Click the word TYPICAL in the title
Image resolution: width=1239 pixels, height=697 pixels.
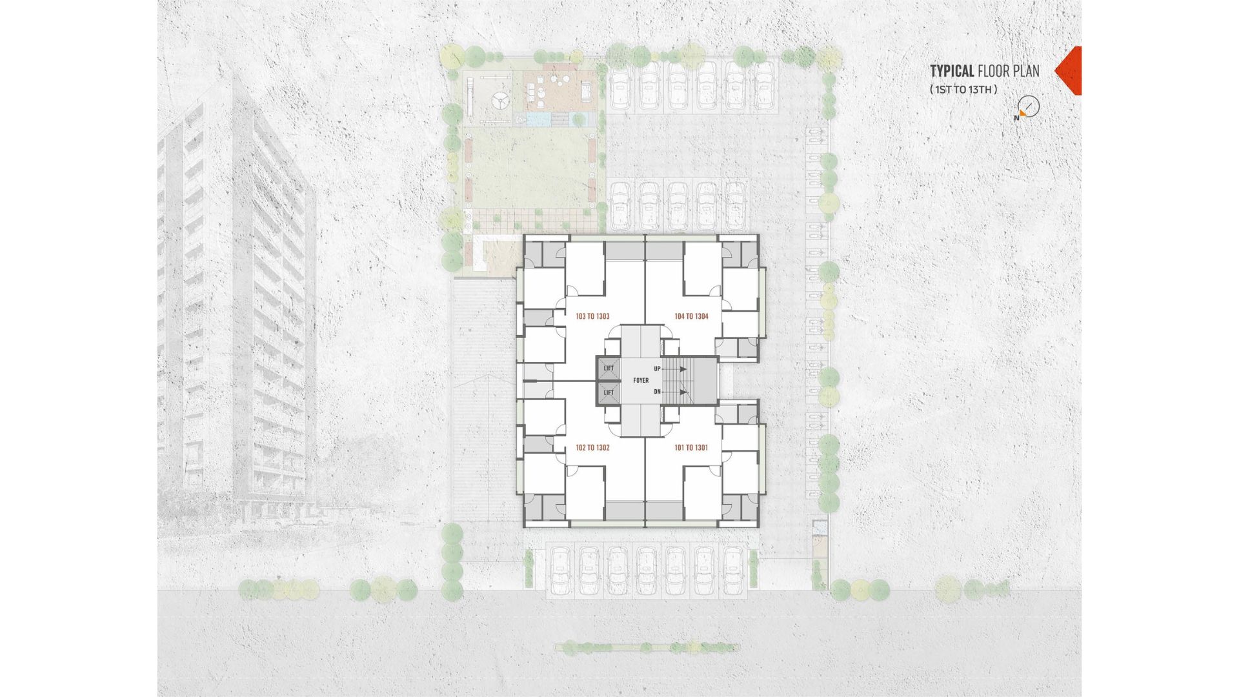click(x=952, y=70)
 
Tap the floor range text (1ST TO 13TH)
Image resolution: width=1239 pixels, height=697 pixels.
click(x=963, y=90)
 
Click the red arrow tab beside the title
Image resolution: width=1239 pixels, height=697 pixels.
click(x=1068, y=71)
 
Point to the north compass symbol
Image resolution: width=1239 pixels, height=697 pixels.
click(x=1027, y=107)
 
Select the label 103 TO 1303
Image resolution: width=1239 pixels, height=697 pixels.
click(x=592, y=316)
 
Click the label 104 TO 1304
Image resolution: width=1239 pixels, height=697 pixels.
click(x=691, y=316)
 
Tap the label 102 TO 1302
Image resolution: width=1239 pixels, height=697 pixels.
click(x=592, y=448)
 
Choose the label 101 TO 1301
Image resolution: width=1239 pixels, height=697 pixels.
click(x=691, y=448)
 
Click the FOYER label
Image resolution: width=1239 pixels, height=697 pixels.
click(x=641, y=381)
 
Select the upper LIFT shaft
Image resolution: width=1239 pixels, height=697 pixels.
click(x=609, y=369)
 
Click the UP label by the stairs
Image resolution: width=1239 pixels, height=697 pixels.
click(x=657, y=369)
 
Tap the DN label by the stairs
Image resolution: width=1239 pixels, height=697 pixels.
click(x=657, y=392)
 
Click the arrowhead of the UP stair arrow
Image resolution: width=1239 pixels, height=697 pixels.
click(x=683, y=369)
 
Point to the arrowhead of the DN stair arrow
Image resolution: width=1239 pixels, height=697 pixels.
click(x=683, y=392)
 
